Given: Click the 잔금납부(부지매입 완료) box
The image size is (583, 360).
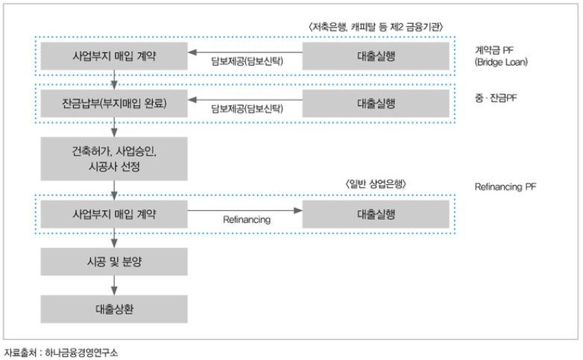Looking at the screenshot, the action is tap(114, 104).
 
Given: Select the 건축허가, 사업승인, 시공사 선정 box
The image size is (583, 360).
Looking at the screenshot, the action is tap(114, 159).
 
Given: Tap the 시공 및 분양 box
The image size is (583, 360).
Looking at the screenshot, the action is tap(114, 262).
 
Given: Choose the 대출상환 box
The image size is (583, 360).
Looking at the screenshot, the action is tap(114, 309).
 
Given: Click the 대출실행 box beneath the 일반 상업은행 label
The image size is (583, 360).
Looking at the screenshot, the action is tap(376, 214).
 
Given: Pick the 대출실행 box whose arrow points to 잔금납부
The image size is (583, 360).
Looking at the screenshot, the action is tap(376, 104).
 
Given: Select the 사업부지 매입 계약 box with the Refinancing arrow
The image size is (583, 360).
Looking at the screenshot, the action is tap(114, 214).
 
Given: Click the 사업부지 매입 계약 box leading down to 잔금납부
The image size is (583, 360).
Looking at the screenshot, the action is tap(114, 56).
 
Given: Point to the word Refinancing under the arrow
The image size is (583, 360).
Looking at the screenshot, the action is tap(247, 220).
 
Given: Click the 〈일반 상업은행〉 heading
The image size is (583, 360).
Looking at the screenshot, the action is tap(376, 184).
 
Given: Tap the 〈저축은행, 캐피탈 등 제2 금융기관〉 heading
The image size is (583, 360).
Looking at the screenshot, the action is tap(376, 27).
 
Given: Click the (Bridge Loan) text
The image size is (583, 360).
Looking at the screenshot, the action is tap(501, 62).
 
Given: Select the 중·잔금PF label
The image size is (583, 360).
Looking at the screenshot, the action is tap(496, 98).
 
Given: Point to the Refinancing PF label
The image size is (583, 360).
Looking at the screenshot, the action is tap(505, 186).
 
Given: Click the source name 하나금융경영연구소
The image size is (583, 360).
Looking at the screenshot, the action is tap(81, 353).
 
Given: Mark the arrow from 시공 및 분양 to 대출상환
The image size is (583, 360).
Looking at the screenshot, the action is tap(114, 285).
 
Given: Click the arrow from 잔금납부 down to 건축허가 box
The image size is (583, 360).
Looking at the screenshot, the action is tap(114, 127).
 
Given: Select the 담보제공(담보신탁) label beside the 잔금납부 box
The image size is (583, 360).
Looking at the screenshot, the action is tap(247, 109).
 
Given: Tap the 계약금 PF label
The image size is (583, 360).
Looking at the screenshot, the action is tap(494, 50).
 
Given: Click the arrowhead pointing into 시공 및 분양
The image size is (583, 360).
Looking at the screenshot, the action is tap(114, 244).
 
